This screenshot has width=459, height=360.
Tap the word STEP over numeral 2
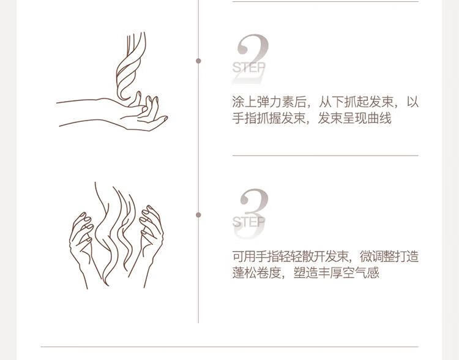pyautogui.click(x=249, y=68)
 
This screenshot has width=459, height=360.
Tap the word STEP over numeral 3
pyautogui.click(x=249, y=222)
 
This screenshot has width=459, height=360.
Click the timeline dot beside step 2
pyautogui.click(x=198, y=61)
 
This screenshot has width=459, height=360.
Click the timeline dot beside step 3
pyautogui.click(x=198, y=215)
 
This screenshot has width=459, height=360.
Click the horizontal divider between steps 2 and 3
pyautogui.click(x=325, y=156)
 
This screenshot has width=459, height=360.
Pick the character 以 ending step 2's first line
pyautogui.click(x=412, y=102)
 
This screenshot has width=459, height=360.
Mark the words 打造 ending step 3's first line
pyautogui.click(x=406, y=257)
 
